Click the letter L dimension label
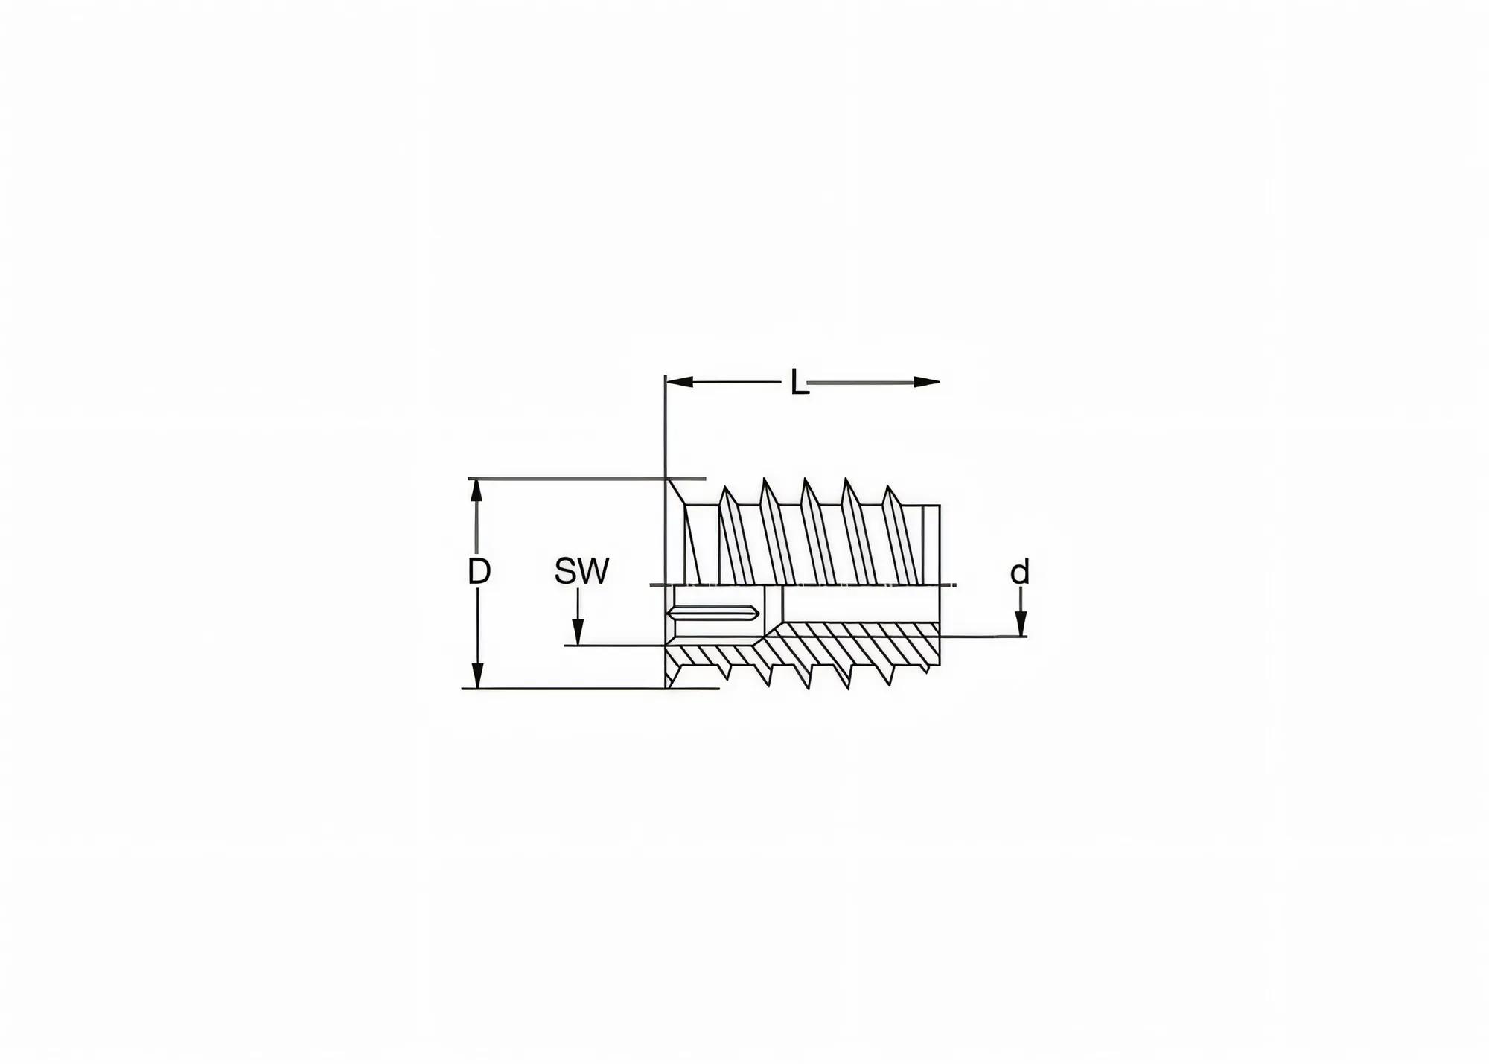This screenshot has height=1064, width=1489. click(x=799, y=384)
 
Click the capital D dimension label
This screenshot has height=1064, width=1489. click(x=479, y=572)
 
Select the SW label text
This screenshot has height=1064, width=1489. click(x=581, y=572)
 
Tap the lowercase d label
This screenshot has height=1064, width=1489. click(x=1019, y=573)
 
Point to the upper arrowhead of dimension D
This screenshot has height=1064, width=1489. click(x=478, y=491)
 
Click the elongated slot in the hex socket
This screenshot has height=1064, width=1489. click(x=713, y=613)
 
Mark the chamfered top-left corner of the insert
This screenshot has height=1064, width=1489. click(x=675, y=491)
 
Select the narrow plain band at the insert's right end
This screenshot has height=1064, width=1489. click(x=931, y=544)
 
